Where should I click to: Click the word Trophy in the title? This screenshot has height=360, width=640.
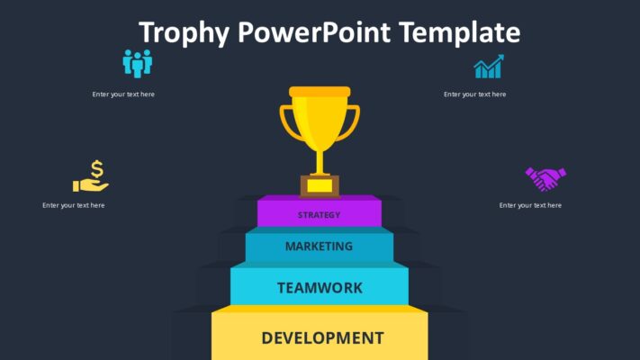coord(185,33)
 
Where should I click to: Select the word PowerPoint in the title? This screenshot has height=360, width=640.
coord(314,33)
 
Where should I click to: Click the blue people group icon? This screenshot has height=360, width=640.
coord(138,63)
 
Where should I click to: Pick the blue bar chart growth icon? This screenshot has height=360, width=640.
coord(489,67)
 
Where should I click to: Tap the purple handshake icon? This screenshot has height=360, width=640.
coord(545,178)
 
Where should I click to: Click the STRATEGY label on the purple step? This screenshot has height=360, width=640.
coord(320,215)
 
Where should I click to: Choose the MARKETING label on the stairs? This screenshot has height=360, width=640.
coord(319,246)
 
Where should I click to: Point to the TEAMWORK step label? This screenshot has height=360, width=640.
coord(320,288)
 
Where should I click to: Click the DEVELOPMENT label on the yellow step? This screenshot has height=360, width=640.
coord(322,338)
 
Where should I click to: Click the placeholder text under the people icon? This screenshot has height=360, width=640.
coord(123,94)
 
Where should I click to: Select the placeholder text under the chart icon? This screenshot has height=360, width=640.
coord(474,94)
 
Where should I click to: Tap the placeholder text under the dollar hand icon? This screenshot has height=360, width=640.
coord(73,205)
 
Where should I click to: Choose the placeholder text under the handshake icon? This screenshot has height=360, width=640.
coord(530,205)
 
